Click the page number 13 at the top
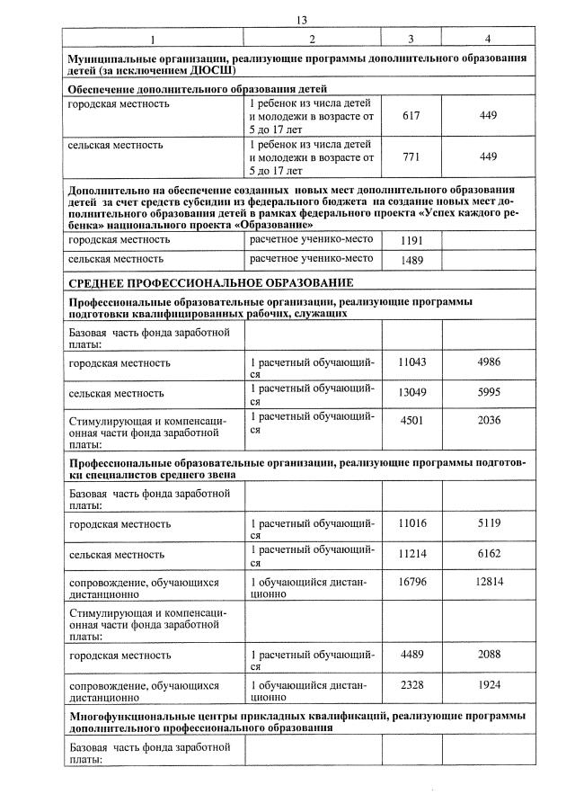click(x=301, y=20)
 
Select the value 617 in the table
click(x=411, y=116)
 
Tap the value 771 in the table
click(x=411, y=156)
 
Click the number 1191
click(x=411, y=241)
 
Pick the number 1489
click(x=411, y=260)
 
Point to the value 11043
click(x=411, y=361)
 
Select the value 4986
click(x=488, y=361)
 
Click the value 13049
click(x=411, y=392)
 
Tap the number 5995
click(x=488, y=392)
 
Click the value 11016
click(x=411, y=522)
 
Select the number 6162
click(x=488, y=553)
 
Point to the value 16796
click(x=411, y=583)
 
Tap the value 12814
click(x=488, y=583)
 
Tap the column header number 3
click(x=411, y=40)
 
